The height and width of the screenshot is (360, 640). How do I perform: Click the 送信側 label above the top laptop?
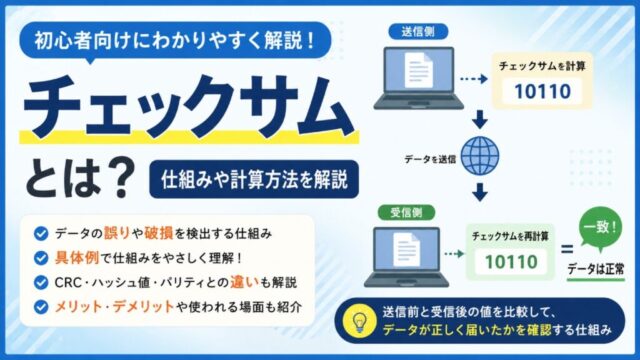coord(418,31)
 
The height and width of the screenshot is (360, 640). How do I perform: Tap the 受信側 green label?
coord(406,212)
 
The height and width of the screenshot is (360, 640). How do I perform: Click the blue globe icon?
coord(480,156)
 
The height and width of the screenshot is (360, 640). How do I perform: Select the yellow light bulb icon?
coord(359,321)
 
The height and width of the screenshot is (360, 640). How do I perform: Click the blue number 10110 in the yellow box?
coord(542,91)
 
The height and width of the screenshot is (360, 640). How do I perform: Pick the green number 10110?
coord(511,262)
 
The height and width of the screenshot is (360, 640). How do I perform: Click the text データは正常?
coord(596,269)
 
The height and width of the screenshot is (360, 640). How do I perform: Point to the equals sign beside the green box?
coord(567,249)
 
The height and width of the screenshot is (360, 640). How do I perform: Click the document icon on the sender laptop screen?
coord(418,70)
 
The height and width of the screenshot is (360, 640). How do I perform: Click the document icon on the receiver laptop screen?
coord(407,249)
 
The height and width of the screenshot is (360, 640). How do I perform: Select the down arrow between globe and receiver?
coord(480,192)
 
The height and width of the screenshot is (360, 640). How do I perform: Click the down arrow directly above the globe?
coord(480,119)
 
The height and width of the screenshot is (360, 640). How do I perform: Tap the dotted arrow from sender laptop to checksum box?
coord(474,79)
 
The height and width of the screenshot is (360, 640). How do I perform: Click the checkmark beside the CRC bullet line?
coord(41,282)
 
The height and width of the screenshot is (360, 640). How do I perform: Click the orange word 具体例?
coord(77,258)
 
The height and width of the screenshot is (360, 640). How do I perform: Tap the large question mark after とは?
coord(119,178)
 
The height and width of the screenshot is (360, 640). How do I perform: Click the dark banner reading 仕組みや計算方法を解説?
coord(254,179)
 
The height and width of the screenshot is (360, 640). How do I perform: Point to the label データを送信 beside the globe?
coord(430,159)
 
